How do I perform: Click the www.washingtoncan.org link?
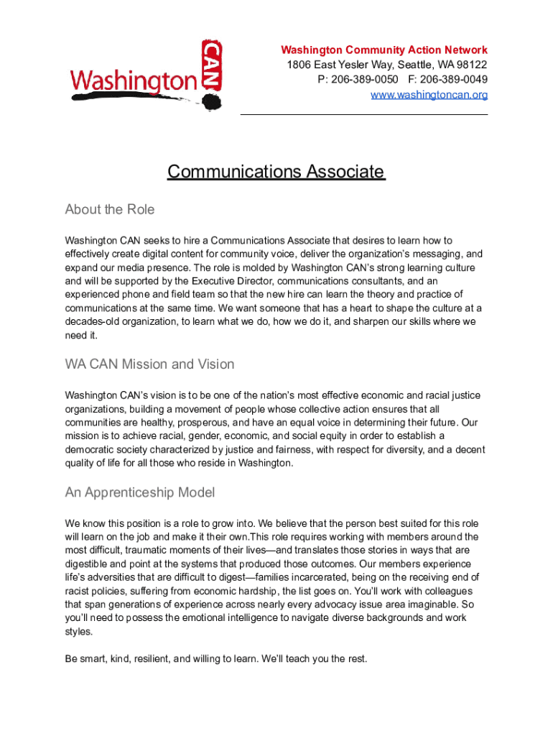point(429,95)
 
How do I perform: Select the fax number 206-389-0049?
point(455,80)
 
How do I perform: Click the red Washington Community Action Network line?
point(384,50)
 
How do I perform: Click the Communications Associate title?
point(276,172)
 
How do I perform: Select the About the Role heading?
point(109,210)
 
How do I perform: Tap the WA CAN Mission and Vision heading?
point(149,364)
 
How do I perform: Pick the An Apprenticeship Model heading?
point(139,492)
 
